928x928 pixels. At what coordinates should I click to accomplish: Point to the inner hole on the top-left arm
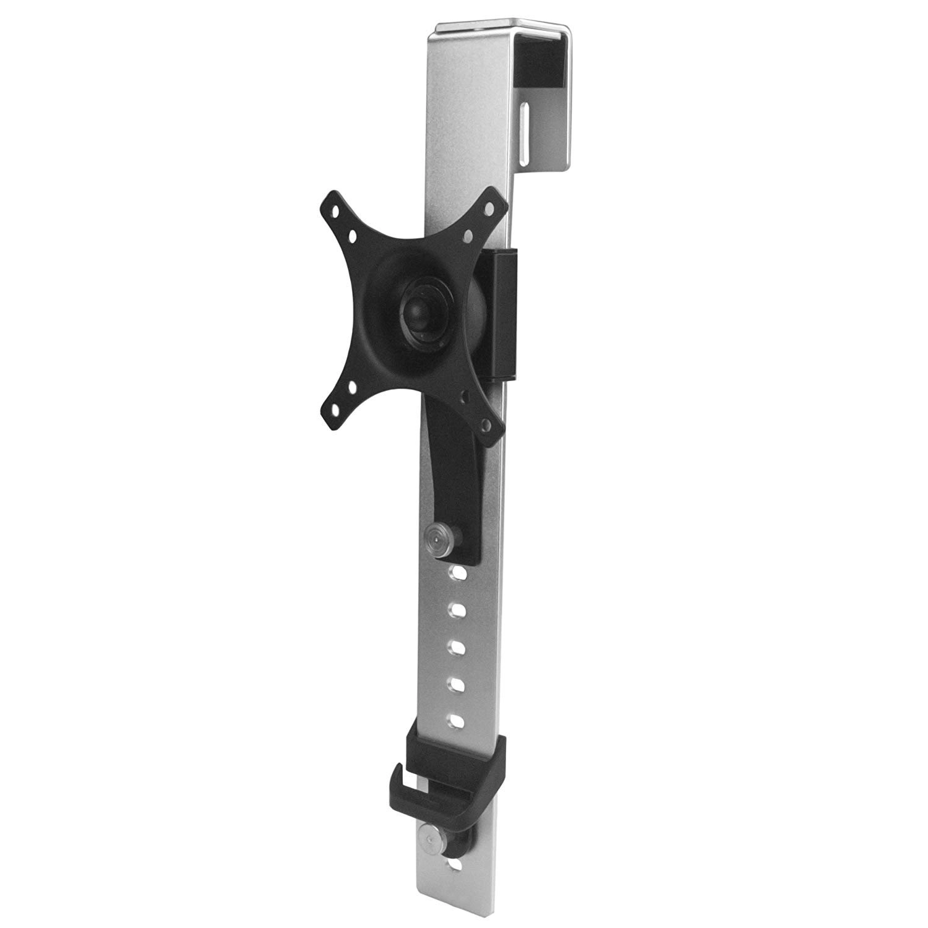351,236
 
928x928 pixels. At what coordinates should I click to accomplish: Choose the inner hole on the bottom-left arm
352,388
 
